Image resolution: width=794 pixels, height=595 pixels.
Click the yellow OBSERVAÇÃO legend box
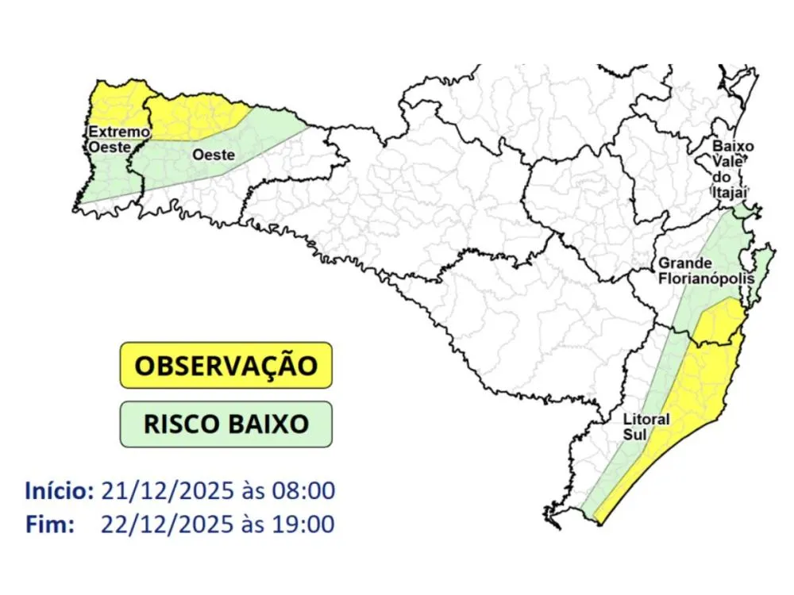225,365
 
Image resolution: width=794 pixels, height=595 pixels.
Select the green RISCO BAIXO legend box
225,424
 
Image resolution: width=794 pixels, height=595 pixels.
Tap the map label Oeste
212,155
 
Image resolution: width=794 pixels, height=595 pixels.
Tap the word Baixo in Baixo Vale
733,147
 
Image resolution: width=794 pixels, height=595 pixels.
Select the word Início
59,490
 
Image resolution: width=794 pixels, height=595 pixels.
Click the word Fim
49,524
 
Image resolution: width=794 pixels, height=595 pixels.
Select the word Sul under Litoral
634,434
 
